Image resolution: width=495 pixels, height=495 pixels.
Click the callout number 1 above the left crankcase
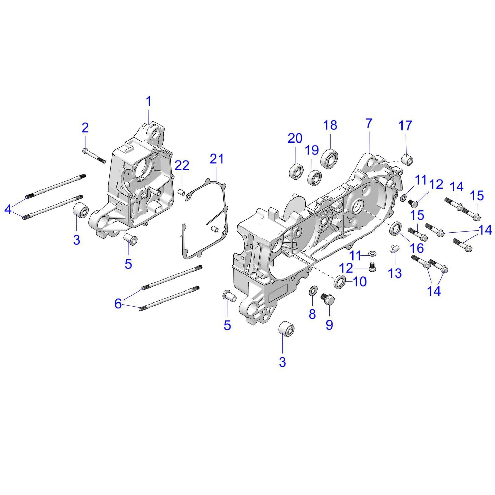click(148, 101)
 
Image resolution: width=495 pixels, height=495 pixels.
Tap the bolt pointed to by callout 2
click(94, 156)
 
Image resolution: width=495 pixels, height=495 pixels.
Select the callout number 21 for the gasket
click(216, 159)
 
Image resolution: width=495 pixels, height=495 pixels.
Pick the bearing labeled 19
click(314, 177)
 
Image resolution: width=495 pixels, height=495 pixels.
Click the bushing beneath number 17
click(407, 160)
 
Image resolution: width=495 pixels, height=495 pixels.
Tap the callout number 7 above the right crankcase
click(369, 123)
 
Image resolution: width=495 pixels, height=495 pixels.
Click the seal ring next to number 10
click(340, 281)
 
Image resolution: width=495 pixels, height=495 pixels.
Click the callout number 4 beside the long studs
click(8, 209)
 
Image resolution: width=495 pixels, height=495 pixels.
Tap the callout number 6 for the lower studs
click(118, 303)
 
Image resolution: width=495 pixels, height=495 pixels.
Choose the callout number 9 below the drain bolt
click(329, 324)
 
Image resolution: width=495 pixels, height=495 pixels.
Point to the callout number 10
click(359, 282)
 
